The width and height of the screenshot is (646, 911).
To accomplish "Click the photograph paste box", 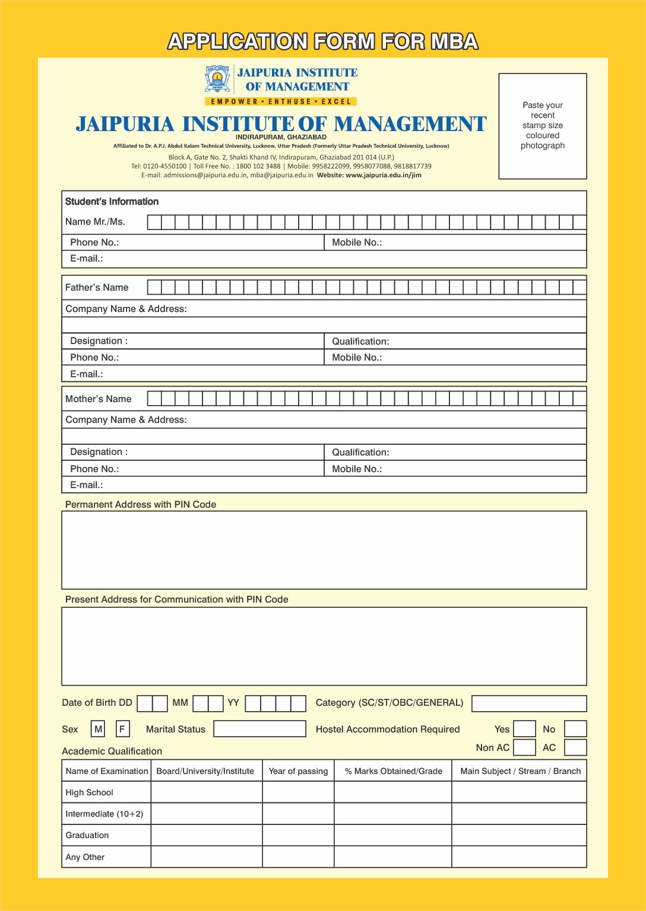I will (x=542, y=126).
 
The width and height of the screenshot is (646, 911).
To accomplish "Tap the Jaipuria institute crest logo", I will (x=217, y=79).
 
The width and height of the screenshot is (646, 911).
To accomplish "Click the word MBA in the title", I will (x=454, y=42).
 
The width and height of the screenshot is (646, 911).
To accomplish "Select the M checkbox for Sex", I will (x=98, y=729).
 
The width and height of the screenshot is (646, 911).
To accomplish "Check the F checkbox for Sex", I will (x=122, y=729).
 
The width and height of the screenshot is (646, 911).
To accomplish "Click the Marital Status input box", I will (x=259, y=729).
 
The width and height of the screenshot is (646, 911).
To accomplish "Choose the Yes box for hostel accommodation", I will (x=524, y=729).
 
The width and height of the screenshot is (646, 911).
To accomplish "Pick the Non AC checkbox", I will (x=524, y=747).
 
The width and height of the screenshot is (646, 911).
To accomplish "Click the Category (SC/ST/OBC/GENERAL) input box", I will (x=529, y=703).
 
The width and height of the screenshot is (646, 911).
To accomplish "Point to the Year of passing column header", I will (x=298, y=771).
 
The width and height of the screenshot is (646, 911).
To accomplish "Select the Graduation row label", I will (x=87, y=835).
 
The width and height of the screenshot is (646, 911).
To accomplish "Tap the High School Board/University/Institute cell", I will (x=207, y=792).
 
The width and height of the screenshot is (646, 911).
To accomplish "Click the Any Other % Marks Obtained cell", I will (x=393, y=857).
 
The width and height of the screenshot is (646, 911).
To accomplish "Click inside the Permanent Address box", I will (x=324, y=550).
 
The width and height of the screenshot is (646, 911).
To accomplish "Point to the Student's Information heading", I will (x=112, y=202).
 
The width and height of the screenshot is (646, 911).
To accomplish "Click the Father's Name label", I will (x=97, y=288).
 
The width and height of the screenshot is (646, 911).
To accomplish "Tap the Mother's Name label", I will (x=99, y=399).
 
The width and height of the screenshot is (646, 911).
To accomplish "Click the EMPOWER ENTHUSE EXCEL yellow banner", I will (x=281, y=101).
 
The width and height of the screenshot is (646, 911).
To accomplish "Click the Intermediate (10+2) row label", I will (x=104, y=814).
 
